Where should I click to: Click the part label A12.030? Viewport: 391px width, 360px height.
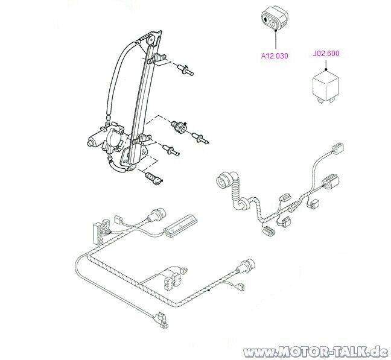(275, 55)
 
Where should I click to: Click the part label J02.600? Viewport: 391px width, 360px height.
(326, 54)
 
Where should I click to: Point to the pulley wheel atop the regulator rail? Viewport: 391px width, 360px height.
(151, 40)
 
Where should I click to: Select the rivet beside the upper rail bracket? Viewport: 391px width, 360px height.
(185, 70)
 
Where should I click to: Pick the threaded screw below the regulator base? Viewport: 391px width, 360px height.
(153, 178)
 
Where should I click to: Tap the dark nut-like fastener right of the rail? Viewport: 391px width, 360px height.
(179, 126)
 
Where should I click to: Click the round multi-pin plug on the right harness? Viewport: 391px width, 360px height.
(223, 179)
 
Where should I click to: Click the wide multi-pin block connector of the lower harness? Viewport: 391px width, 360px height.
(101, 232)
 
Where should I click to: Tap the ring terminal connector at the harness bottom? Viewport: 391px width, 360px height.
(161, 320)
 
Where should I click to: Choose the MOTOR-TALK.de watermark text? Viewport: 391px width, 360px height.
(316, 352)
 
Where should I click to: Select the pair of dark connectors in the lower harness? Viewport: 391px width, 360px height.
(172, 280)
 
